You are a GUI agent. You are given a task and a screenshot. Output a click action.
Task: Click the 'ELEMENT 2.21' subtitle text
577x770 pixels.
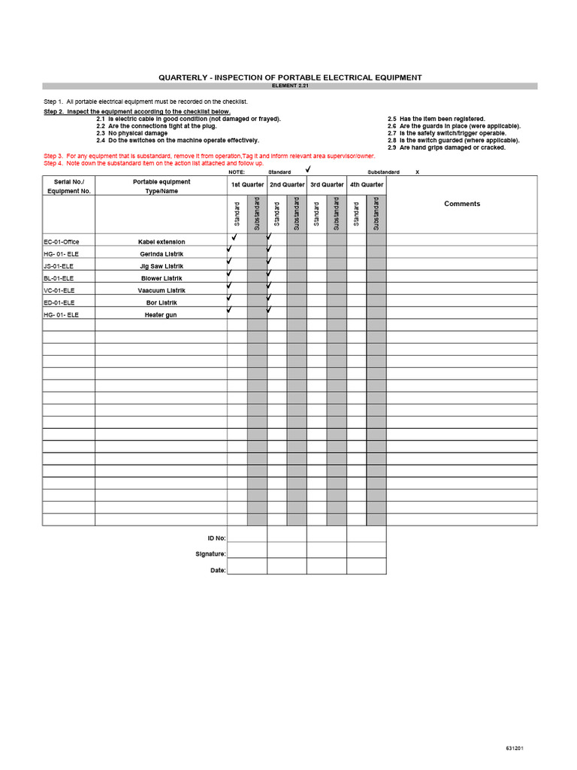tap(289, 86)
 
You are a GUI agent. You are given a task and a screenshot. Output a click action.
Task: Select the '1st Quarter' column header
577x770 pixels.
tap(247, 184)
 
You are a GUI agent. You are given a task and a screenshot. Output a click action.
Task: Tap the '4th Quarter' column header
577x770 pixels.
tap(367, 184)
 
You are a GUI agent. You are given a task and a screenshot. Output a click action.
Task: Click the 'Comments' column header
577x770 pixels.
tap(462, 204)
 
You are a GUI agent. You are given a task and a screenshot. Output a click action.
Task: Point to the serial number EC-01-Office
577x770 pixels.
tap(62, 241)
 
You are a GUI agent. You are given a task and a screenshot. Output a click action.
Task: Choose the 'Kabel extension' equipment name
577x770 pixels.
tap(162, 241)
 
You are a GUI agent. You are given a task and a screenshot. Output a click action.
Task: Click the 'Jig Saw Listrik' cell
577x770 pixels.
tap(162, 265)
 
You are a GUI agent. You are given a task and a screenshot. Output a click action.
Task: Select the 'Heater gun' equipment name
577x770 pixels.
tap(162, 314)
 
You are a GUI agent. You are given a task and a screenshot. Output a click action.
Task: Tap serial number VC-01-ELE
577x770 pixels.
tap(59, 290)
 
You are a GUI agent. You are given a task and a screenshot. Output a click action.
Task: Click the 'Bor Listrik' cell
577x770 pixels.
tap(162, 302)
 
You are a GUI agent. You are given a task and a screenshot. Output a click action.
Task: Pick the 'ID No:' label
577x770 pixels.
tap(216, 538)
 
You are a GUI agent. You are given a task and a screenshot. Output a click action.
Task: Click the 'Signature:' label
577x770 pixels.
tap(210, 554)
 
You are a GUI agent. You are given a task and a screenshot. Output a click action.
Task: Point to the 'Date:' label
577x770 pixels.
tap(218, 570)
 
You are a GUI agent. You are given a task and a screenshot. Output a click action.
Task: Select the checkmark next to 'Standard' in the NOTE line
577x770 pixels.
tap(307, 171)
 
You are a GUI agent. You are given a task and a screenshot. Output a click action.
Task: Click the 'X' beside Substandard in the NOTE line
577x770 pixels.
tap(417, 172)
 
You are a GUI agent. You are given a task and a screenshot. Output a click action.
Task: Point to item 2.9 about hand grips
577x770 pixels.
tap(446, 147)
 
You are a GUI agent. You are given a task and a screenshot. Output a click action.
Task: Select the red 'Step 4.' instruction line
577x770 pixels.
tap(153, 162)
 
